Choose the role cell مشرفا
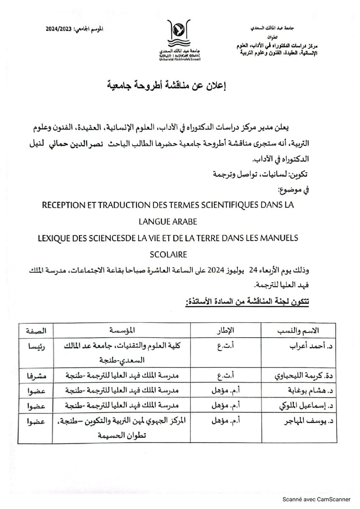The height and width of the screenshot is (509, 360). click(x=37, y=375)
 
